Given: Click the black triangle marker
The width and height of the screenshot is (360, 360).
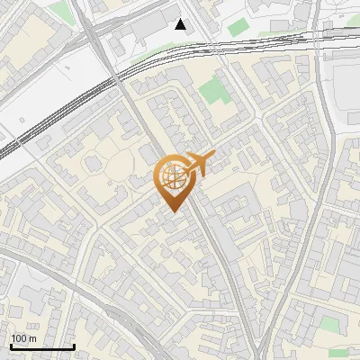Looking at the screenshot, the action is pyautogui.click(x=181, y=24).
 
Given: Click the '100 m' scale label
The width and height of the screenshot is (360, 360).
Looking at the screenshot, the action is pyautogui.click(x=23, y=338).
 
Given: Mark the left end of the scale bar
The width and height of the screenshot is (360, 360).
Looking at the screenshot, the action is pyautogui.click(x=11, y=346).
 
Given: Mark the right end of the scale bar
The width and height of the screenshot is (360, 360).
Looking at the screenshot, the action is pyautogui.click(x=74, y=346).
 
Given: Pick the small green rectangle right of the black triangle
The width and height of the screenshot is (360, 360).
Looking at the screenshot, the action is pyautogui.click(x=238, y=28).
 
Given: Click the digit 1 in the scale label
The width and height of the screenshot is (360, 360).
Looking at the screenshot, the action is pyautogui.click(x=13, y=338).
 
